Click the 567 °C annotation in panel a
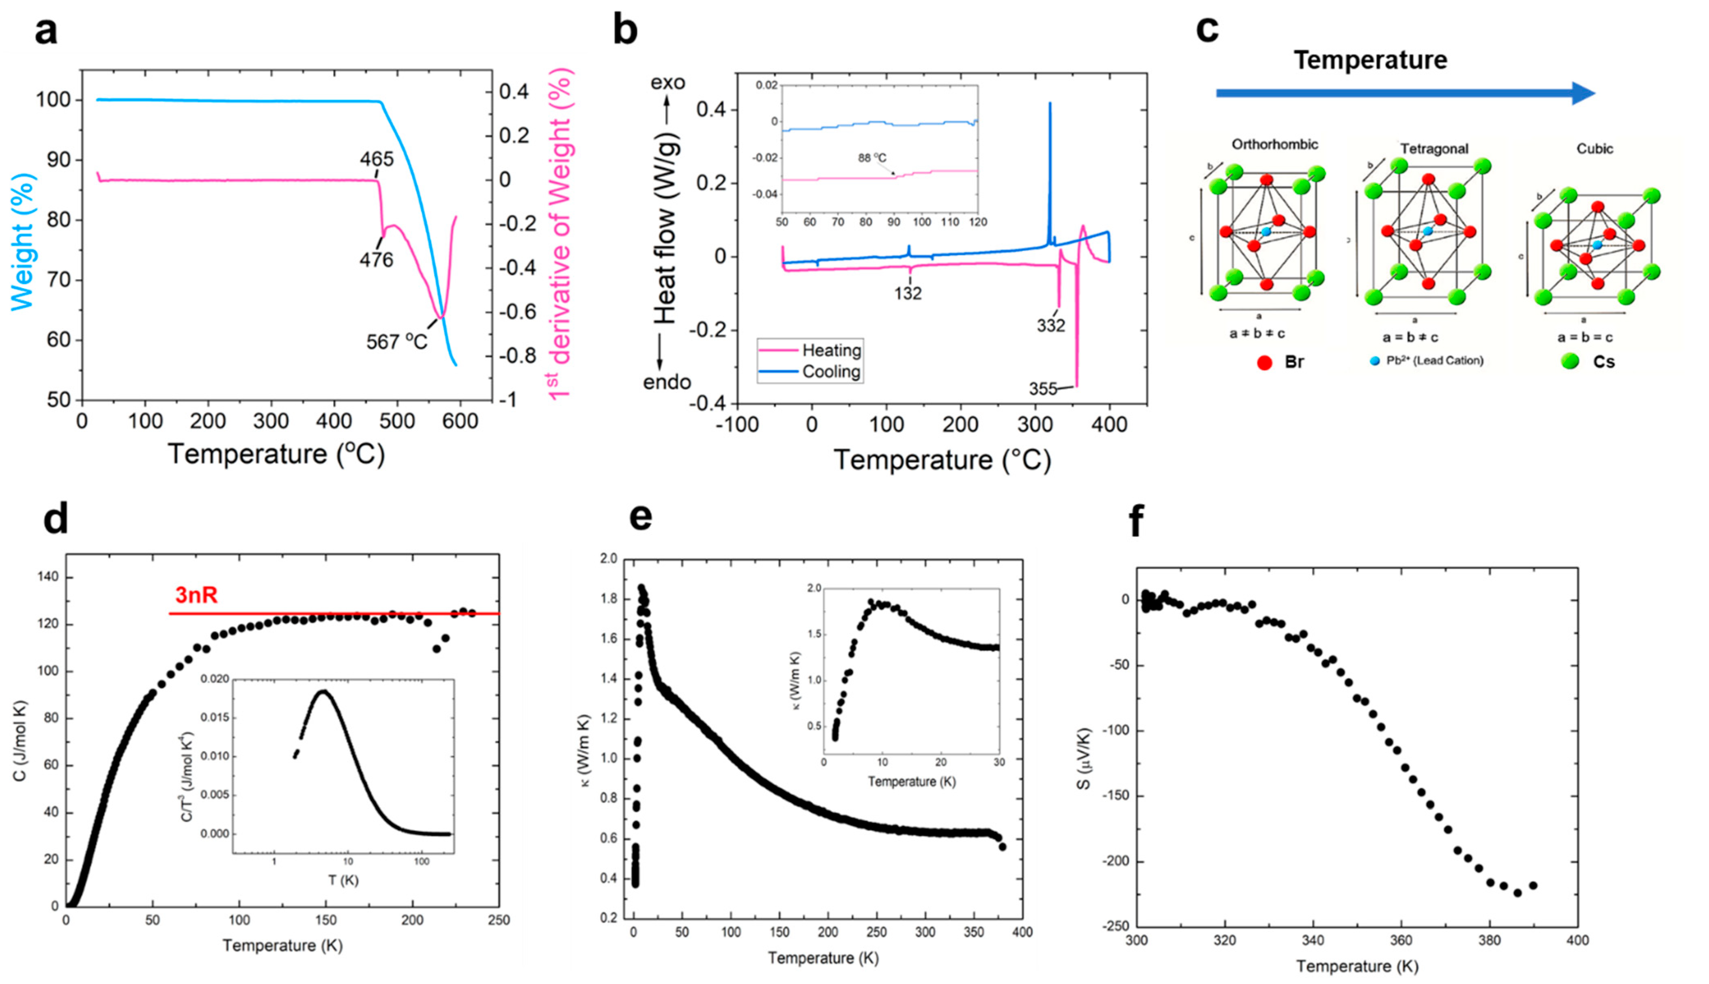(396, 342)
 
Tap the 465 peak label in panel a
(376, 159)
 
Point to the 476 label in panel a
(376, 259)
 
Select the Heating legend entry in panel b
(831, 350)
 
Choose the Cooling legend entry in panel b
(831, 372)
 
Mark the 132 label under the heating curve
(908, 293)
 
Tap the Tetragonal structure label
(1433, 149)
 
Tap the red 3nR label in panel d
(196, 596)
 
